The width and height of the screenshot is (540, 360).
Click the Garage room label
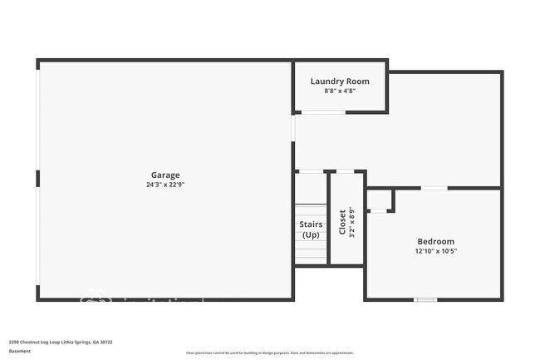point(165,175)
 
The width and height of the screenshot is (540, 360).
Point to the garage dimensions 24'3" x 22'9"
point(165,185)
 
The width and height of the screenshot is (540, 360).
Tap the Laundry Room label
point(340,81)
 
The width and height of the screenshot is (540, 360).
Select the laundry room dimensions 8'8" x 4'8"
point(340,91)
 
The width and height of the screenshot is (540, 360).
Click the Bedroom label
point(436,240)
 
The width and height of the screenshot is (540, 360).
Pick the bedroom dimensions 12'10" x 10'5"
point(436,251)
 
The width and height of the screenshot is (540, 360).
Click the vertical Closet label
point(342,222)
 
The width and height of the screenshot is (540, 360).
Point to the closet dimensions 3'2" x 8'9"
point(352,222)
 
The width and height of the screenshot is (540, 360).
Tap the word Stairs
point(311,224)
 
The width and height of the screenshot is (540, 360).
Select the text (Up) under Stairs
point(311,235)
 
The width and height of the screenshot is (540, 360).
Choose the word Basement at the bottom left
point(19,352)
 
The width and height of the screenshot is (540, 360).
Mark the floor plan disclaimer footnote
point(269,353)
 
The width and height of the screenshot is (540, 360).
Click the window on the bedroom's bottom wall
point(425,299)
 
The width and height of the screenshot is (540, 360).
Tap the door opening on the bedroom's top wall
point(434,188)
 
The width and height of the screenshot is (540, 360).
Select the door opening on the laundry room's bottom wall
point(324,112)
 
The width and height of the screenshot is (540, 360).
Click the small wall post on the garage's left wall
point(37,178)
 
